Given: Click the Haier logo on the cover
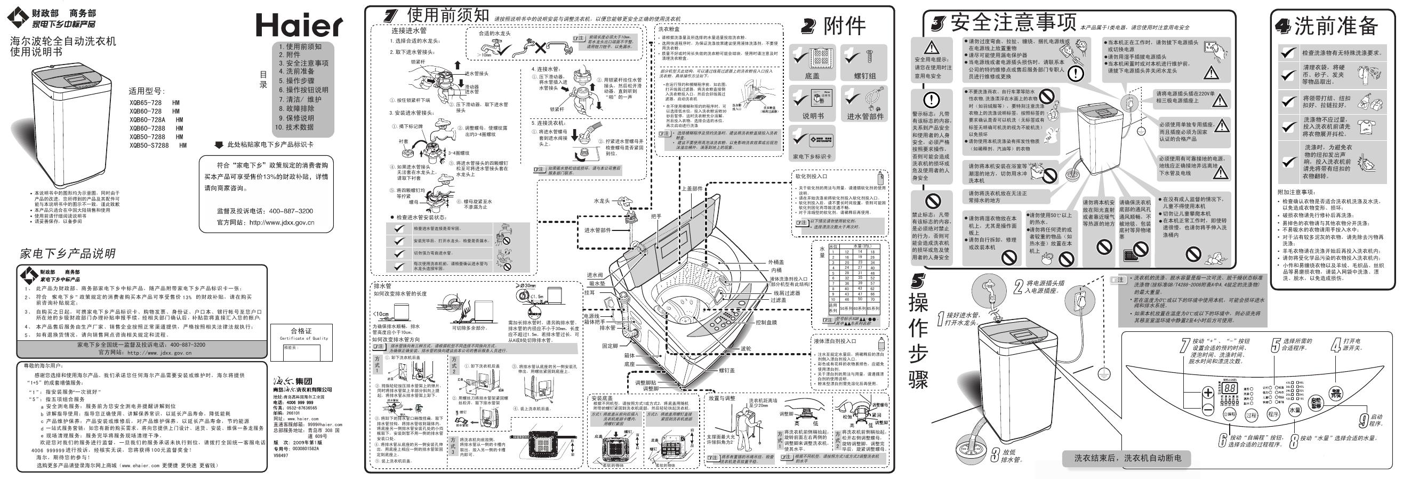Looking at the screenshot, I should pyautogui.click(x=299, y=25).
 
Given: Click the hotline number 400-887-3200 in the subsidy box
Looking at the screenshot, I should pyautogui.click(x=291, y=211).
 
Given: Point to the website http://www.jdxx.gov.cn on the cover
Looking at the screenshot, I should pyautogui.click(x=282, y=222).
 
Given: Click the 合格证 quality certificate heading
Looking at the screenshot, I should pyautogui.click(x=301, y=331).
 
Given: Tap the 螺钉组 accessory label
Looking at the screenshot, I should pyautogui.click(x=865, y=76).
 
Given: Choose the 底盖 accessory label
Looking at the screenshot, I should pyautogui.click(x=812, y=76).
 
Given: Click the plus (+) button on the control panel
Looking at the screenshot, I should pyautogui.click(x=1208, y=393).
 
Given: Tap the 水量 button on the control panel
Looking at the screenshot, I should pyautogui.click(x=1294, y=410).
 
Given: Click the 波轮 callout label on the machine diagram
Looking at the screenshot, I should pyautogui.click(x=746, y=348).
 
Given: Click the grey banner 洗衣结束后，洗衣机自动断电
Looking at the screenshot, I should pyautogui.click(x=1127, y=458).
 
